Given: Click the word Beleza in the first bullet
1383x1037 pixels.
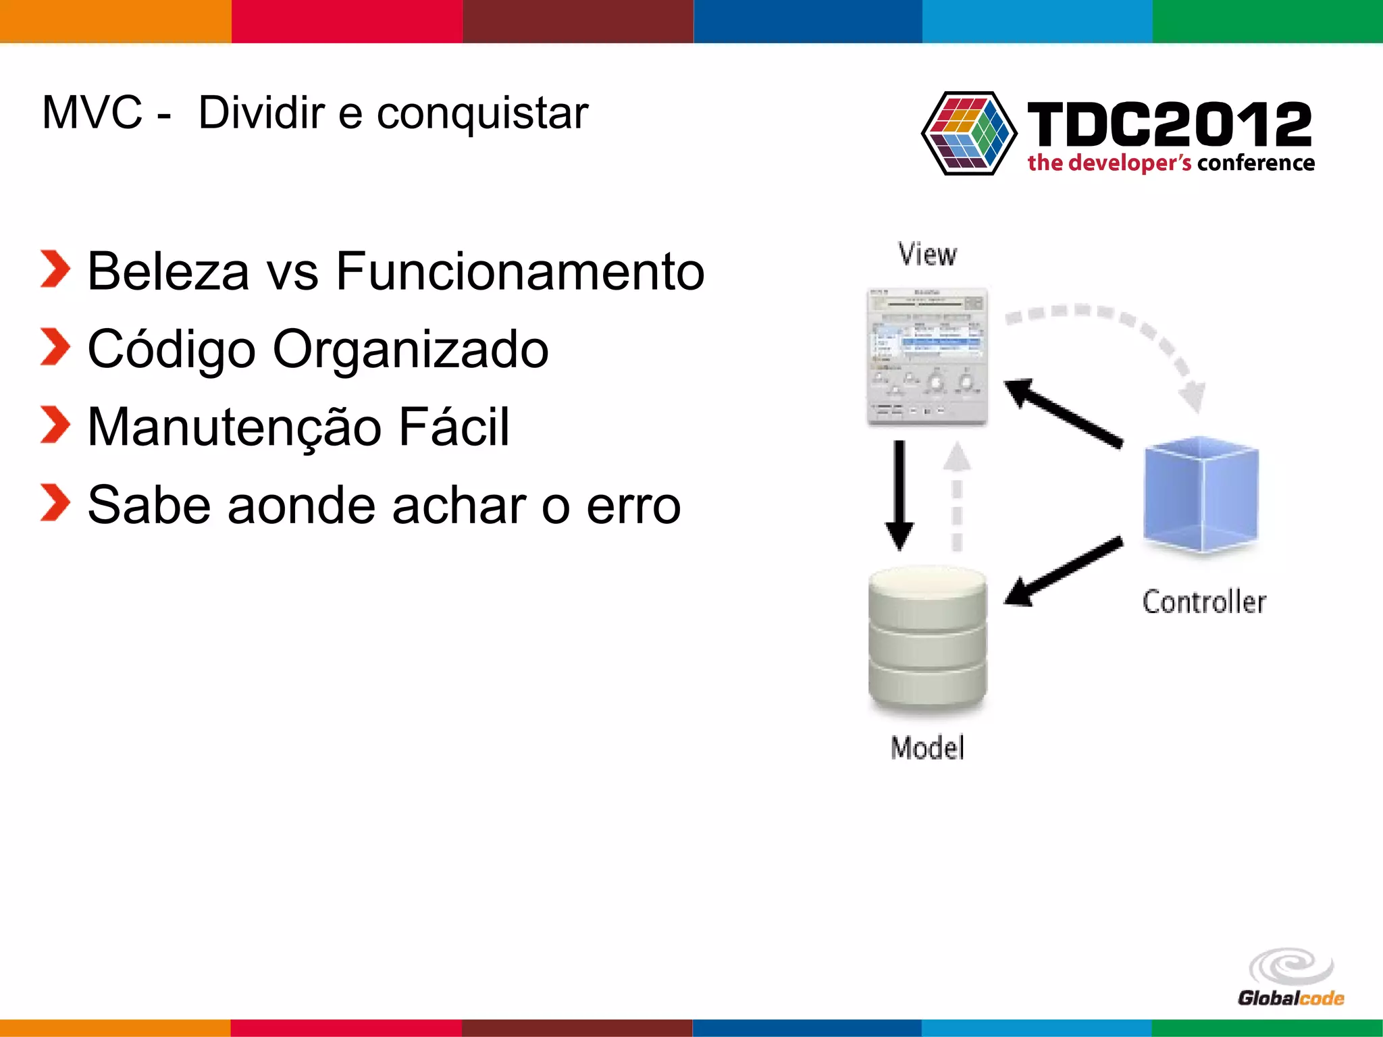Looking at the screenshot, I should click(168, 271).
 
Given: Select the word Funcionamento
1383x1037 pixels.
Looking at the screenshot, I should click(520, 271).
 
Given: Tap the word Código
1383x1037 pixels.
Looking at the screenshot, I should click(172, 350).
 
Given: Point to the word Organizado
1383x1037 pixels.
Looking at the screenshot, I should click(411, 350).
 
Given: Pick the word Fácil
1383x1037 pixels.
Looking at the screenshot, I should click(454, 427).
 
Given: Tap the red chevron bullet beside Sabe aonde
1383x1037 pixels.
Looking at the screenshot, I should click(55, 503).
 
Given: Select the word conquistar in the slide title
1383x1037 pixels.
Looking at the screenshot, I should click(482, 113).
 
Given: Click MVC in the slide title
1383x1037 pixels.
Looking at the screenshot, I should click(92, 113).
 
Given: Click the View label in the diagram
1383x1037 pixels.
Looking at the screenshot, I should click(927, 255).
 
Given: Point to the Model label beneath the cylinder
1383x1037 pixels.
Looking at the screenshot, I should click(927, 748).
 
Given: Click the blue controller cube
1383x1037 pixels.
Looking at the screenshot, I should click(1201, 494).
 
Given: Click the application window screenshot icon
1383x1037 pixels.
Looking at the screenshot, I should click(927, 356).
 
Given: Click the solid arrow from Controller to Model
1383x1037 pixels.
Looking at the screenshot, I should click(1064, 570).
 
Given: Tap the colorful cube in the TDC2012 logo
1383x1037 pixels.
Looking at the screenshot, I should click(968, 133).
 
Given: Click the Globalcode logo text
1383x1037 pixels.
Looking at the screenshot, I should click(1290, 998).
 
